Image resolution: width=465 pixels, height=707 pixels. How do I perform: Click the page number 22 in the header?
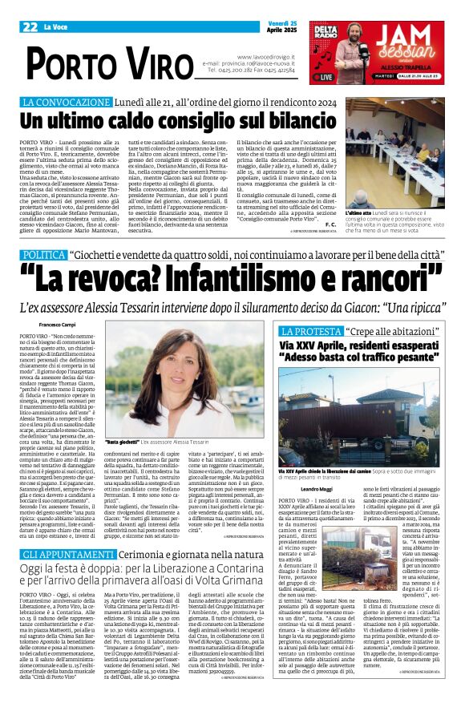coord(30,26)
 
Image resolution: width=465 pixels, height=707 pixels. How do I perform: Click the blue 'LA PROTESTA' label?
coord(306,329)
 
